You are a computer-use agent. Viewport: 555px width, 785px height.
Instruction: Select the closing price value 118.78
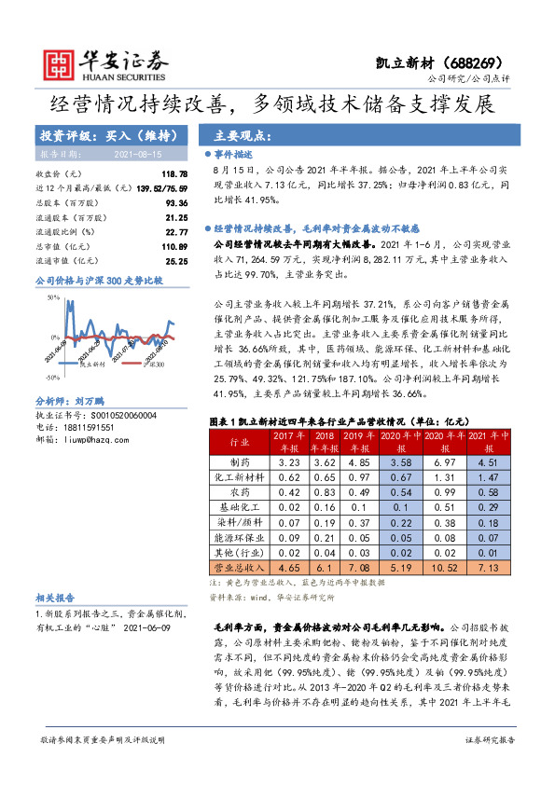tap(175, 174)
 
